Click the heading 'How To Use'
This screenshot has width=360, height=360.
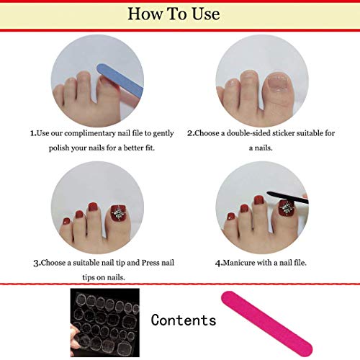click(179, 13)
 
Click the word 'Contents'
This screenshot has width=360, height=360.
click(184, 320)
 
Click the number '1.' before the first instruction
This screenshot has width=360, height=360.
click(32, 133)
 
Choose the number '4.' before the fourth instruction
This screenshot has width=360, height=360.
click(218, 262)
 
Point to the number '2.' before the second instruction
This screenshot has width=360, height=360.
click(190, 133)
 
